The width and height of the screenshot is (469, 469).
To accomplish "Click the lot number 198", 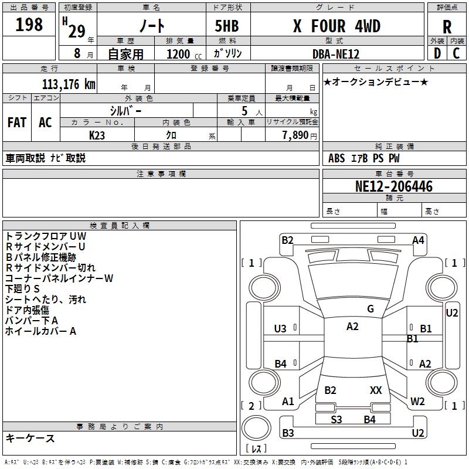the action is (29, 25).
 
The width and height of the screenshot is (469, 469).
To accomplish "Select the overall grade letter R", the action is (447, 26).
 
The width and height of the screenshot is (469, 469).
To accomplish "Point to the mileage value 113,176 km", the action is (69, 84).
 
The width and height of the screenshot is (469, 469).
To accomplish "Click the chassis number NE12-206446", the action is (394, 186).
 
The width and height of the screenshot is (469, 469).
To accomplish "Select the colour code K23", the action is (98, 135).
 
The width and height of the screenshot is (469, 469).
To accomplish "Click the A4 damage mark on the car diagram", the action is (418, 240).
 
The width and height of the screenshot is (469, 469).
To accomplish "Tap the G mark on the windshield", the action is (371, 308).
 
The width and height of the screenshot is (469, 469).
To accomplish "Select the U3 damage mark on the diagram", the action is (280, 329).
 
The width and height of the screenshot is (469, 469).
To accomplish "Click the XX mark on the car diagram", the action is (376, 390).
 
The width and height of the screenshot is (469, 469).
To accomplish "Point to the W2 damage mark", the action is (417, 402).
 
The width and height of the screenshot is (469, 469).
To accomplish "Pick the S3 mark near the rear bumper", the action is (337, 419).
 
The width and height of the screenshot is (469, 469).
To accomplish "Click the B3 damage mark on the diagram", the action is (288, 433).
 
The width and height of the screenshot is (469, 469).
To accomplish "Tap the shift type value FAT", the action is (16, 122).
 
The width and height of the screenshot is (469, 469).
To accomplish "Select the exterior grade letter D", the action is (437, 53).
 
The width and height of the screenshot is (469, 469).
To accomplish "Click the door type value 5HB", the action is (223, 26).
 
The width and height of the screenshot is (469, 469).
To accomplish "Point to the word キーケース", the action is (30, 439).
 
